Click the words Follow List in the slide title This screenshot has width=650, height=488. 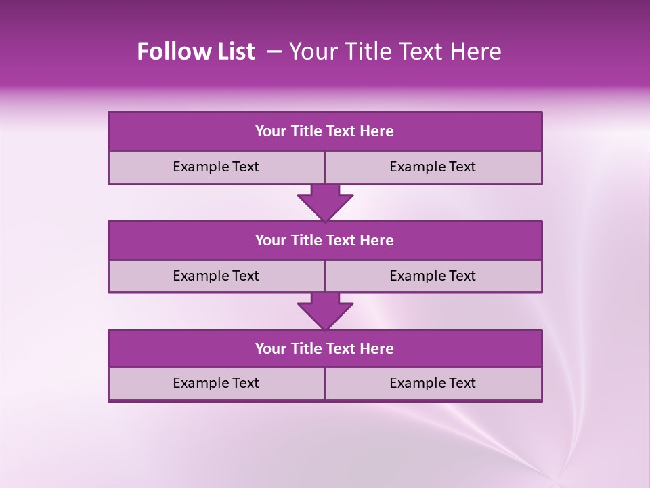[x=196, y=52]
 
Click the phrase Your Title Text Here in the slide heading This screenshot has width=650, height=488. [x=395, y=52]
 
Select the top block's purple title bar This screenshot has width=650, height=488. [x=324, y=131]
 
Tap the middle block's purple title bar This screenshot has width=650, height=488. [x=324, y=240]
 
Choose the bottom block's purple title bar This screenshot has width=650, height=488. [x=324, y=348]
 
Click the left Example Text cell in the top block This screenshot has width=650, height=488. [x=216, y=167]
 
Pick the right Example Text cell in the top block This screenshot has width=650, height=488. [x=433, y=167]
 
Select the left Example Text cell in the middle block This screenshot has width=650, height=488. [x=216, y=276]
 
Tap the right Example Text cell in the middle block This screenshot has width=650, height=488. [x=433, y=276]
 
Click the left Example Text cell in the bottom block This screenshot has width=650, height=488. [x=216, y=383]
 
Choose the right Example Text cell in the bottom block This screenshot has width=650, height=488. [x=433, y=383]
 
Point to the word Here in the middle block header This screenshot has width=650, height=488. [x=377, y=240]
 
